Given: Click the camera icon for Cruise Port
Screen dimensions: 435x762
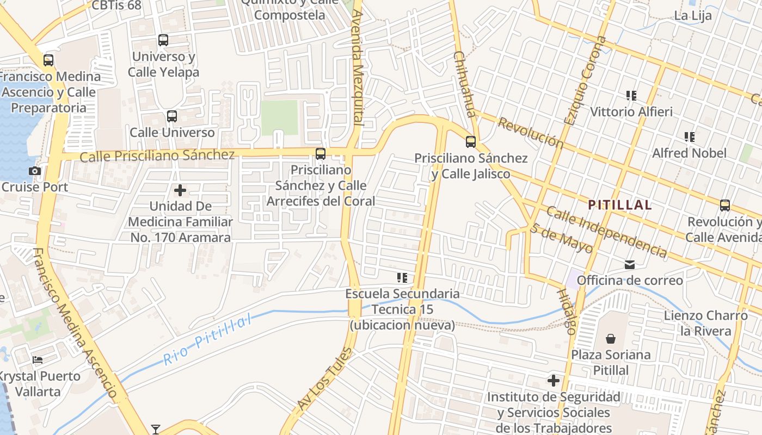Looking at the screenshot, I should pyautogui.click(x=35, y=171).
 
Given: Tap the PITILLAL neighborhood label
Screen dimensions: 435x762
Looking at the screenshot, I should pyautogui.click(x=619, y=205).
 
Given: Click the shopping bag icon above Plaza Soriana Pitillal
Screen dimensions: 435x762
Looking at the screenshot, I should pyautogui.click(x=611, y=339).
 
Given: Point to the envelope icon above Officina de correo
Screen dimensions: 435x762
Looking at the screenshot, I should pyautogui.click(x=630, y=265).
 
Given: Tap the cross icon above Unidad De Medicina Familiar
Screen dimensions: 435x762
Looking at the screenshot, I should pyautogui.click(x=180, y=190).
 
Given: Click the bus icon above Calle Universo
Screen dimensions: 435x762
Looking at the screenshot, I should pyautogui.click(x=172, y=116).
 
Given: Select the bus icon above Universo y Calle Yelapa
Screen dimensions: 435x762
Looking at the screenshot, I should pyautogui.click(x=163, y=40).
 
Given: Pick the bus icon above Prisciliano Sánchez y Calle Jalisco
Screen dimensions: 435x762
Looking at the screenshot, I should pyautogui.click(x=471, y=142).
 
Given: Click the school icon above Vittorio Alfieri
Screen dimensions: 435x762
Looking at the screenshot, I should pyautogui.click(x=631, y=96).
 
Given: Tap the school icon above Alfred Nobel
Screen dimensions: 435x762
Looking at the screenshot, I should pyautogui.click(x=690, y=137).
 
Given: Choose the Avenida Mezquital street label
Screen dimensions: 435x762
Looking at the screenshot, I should pyautogui.click(x=357, y=67).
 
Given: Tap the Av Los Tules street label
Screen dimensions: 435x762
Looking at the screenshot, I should pyautogui.click(x=324, y=380).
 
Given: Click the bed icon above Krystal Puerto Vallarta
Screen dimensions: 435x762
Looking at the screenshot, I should pyautogui.click(x=37, y=360).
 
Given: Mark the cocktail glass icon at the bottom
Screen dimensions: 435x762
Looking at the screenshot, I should pyautogui.click(x=156, y=429).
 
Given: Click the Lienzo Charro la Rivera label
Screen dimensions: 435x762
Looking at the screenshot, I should pyautogui.click(x=705, y=323).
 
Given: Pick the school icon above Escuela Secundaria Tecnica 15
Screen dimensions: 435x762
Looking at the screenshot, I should pyautogui.click(x=402, y=278).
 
